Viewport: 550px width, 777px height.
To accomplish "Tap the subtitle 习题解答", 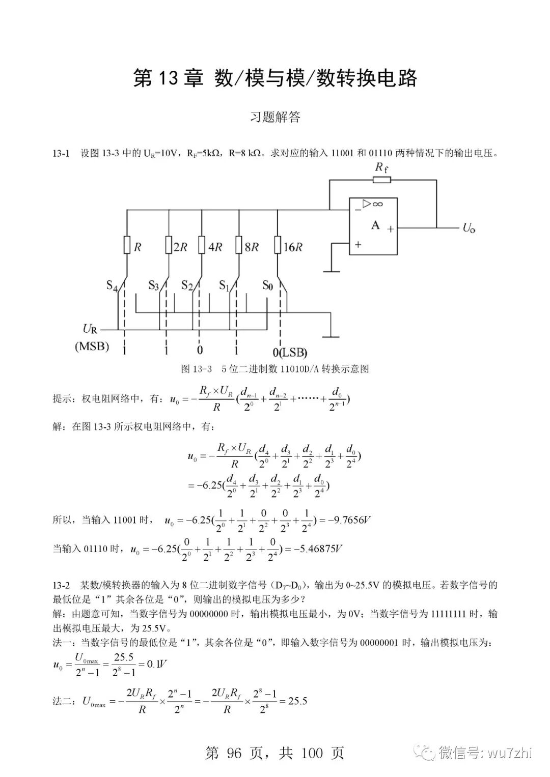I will (275, 118).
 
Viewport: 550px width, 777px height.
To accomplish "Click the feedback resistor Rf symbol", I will (381, 180).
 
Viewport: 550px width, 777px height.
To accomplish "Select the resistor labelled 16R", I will (278, 245).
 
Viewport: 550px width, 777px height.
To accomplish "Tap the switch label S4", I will (112, 285).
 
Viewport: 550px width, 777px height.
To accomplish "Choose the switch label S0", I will (267, 285).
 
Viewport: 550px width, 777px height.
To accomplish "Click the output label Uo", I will (469, 227).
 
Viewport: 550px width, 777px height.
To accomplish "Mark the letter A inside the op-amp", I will (375, 225).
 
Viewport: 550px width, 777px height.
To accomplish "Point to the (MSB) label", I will (92, 347).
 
